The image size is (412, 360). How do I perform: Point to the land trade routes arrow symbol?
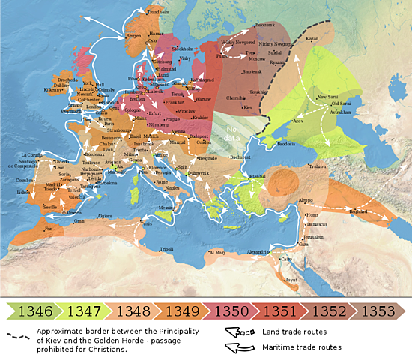click(x=238, y=331)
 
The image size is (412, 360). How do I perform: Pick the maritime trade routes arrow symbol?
click(x=238, y=347)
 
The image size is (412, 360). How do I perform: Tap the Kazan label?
click(x=312, y=38)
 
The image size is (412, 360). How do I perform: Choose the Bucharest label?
click(x=240, y=157)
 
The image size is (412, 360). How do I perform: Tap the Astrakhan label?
click(x=339, y=111)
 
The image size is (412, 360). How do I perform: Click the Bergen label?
click(x=134, y=35)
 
